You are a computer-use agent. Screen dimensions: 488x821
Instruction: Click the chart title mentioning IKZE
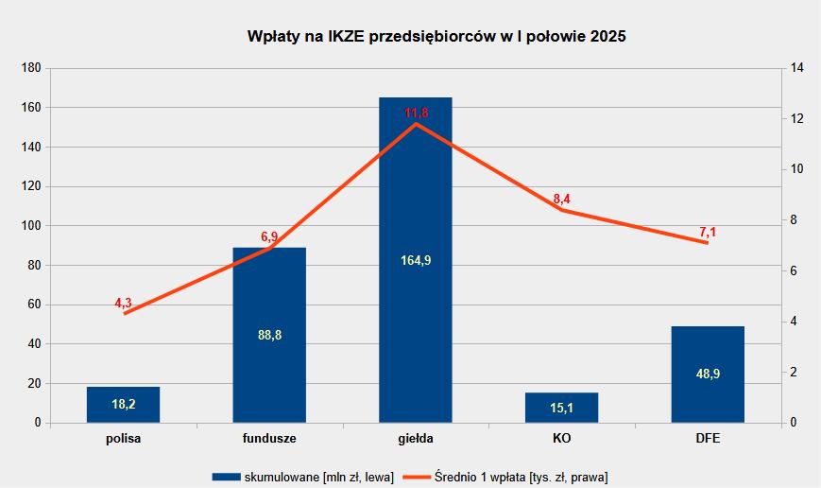tap(436, 37)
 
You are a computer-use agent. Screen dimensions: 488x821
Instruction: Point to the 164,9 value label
tap(416, 261)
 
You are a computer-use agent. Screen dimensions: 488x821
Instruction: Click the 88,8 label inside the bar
tap(269, 335)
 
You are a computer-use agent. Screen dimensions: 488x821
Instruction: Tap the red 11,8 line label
tap(416, 113)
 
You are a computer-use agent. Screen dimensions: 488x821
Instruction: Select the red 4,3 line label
tap(123, 303)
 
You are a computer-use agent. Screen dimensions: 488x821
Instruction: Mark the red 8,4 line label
tap(561, 199)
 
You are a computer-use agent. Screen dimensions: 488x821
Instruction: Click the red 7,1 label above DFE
tap(708, 232)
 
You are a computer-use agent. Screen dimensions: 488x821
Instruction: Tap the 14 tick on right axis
tap(797, 68)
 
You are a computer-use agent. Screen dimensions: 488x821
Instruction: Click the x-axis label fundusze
tap(269, 440)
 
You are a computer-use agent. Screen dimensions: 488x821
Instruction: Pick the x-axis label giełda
tap(416, 440)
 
